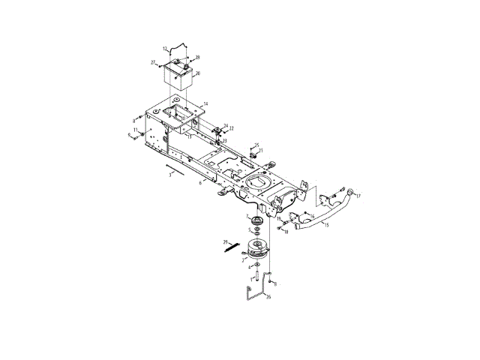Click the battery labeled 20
pyautogui.click(x=178, y=77)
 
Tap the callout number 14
pyautogui.click(x=205, y=103)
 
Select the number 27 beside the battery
pyautogui.click(x=153, y=62)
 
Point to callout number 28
pyautogui.click(x=197, y=58)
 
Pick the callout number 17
pyautogui.click(x=358, y=196)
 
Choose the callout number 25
pyautogui.click(x=256, y=145)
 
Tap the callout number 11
pyautogui.click(x=136, y=130)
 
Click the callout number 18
pyautogui.click(x=286, y=232)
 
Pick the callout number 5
pyautogui.click(x=250, y=230)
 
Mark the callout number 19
pyautogui.click(x=278, y=219)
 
